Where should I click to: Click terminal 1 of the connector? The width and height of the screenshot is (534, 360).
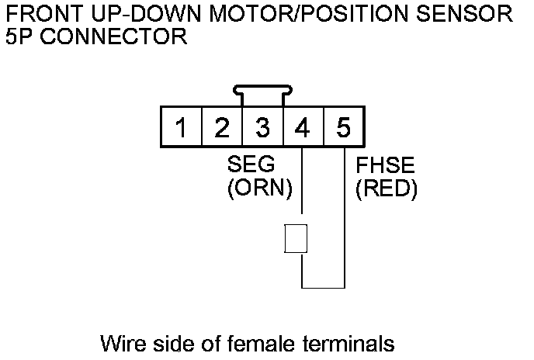[181, 127]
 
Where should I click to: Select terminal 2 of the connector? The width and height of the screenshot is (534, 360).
[221, 127]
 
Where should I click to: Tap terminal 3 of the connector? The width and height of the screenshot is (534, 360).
[262, 127]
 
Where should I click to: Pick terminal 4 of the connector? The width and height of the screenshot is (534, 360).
[303, 127]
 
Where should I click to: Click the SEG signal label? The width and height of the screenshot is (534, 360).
[251, 165]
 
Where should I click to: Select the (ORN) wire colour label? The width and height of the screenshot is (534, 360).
[258, 189]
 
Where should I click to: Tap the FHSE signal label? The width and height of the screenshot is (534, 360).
[385, 165]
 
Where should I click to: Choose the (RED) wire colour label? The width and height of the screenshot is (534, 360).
[386, 189]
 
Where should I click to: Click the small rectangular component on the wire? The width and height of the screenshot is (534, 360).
[296, 238]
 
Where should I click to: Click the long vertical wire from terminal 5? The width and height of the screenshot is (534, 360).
[344, 225]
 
